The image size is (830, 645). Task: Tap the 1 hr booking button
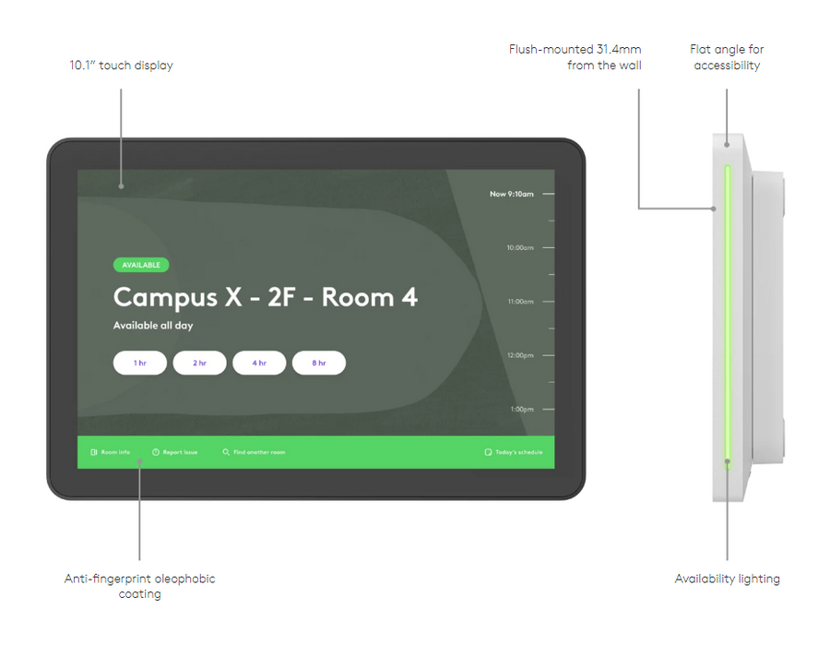click(140, 363)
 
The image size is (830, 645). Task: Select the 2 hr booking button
click(199, 363)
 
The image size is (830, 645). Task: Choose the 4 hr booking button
click(259, 363)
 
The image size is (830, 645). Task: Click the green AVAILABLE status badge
click(141, 265)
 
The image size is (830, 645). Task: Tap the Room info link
click(110, 452)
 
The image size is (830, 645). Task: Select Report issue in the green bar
click(174, 452)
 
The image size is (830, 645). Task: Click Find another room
click(254, 452)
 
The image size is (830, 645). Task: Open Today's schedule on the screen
click(514, 452)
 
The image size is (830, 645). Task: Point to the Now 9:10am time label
click(511, 194)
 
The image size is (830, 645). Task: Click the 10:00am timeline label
click(520, 247)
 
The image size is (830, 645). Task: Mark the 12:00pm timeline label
click(520, 355)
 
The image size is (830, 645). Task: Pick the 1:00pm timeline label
click(522, 410)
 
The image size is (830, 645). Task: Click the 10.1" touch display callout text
click(121, 66)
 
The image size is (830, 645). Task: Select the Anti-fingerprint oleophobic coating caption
click(140, 586)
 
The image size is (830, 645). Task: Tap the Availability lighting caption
click(728, 579)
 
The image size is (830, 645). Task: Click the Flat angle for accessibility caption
click(727, 57)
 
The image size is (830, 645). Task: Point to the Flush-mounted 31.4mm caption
click(575, 49)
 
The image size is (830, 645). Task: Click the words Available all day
click(153, 326)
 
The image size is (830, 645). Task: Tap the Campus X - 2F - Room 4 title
click(266, 297)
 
